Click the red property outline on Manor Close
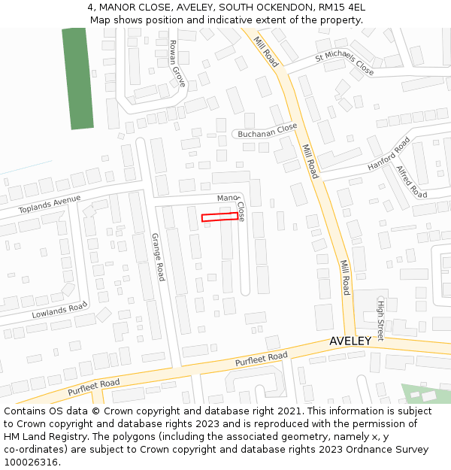pyautogui.click(x=219, y=217)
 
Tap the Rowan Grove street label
pyautogui.click(x=177, y=63)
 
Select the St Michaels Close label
pyautogui.click(x=344, y=63)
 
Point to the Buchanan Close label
pyautogui.click(x=268, y=131)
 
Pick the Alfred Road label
pyautogui.click(x=411, y=182)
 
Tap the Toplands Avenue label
pyautogui.click(x=50, y=204)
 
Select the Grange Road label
pyautogui.click(x=158, y=257)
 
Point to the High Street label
pyautogui.click(x=380, y=318)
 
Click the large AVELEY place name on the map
pyautogui.click(x=350, y=341)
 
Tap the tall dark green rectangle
pyautogui.click(x=77, y=78)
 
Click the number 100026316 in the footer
pyautogui.click(x=30, y=462)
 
